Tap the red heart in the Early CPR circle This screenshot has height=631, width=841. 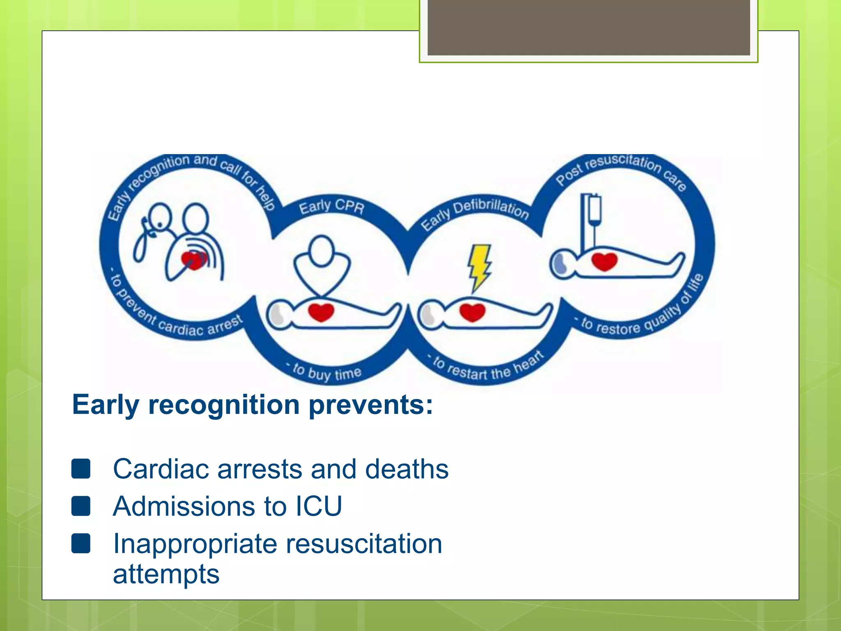pos(321,312)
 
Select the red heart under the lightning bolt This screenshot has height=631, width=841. pos(473,312)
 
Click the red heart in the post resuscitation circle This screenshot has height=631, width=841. pos(604,261)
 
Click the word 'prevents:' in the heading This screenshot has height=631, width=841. pos(370,405)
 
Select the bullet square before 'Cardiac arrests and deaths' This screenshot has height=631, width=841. pos(81,469)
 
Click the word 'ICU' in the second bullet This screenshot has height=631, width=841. pos(319,506)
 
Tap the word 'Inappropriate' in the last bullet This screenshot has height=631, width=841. pos(195,543)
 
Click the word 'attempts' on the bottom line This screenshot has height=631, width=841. pos(166,574)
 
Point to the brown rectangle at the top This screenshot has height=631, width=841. pos(588,28)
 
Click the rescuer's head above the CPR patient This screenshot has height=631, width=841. pos(322,251)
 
